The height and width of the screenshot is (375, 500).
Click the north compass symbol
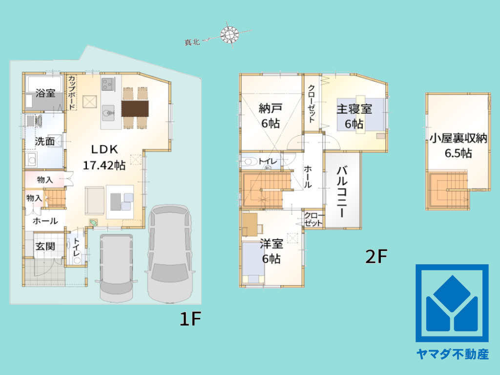tap(229, 34)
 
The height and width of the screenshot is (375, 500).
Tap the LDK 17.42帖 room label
tap(104, 157)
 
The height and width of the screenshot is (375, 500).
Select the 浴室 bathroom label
tap(45, 93)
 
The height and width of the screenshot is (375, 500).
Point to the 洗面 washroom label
tap(45, 142)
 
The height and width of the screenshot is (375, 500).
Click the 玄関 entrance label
tap(45, 247)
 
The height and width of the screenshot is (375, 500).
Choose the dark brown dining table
tap(135, 108)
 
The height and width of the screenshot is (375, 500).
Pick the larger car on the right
tap(170, 252)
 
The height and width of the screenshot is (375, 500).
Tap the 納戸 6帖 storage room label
tap(271, 116)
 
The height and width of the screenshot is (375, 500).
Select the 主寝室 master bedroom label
tap(354, 116)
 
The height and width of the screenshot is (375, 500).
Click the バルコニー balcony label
tap(342, 191)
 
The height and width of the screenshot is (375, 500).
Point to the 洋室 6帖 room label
tap(271, 250)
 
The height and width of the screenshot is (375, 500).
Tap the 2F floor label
tap(376, 256)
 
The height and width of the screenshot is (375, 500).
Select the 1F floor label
tap(190, 319)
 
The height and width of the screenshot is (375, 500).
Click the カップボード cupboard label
tap(72, 92)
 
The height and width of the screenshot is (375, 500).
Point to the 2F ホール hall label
tap(308, 177)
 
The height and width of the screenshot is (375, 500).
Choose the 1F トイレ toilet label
tap(77, 248)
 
